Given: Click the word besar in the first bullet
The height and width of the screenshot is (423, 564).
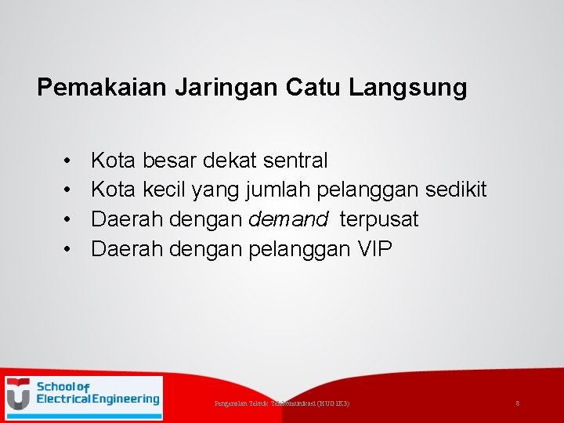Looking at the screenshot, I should [x=169, y=161].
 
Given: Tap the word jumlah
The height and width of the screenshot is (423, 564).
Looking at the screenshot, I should [x=273, y=190].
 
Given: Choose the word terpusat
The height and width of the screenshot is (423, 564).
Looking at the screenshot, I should [x=379, y=220].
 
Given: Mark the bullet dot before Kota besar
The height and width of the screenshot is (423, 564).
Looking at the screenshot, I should [x=69, y=161].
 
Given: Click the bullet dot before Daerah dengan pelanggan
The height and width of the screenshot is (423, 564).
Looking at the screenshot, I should [x=69, y=250].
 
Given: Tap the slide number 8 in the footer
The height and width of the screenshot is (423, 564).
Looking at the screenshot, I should [x=518, y=403].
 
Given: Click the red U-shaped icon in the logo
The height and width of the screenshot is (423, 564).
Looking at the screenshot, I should [x=19, y=394].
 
